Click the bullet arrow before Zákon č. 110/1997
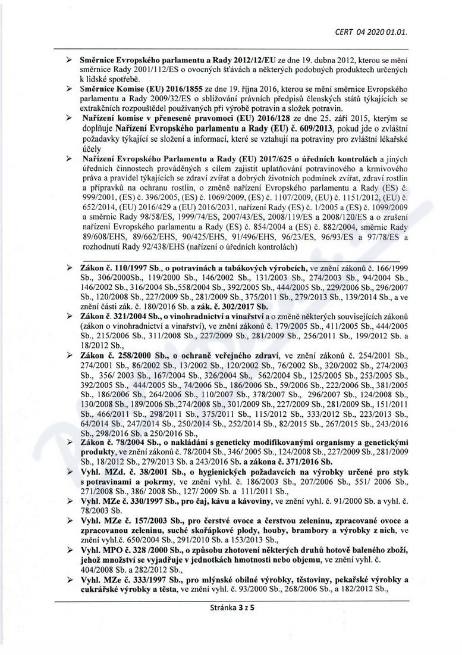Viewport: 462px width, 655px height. [69, 269]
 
